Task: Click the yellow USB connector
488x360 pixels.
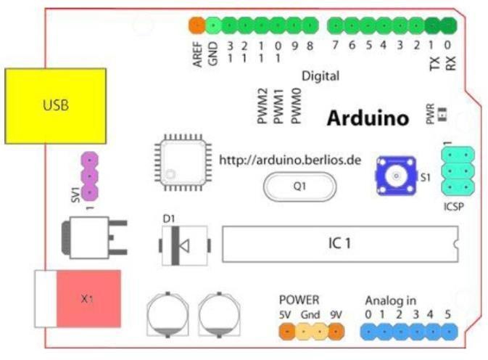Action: pyautogui.click(x=55, y=106)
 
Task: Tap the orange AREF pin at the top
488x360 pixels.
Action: pyautogui.click(x=196, y=26)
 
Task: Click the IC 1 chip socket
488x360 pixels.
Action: pyautogui.click(x=341, y=244)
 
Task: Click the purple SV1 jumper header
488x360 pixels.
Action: pyautogui.click(x=89, y=176)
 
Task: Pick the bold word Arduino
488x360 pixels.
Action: pyautogui.click(x=368, y=118)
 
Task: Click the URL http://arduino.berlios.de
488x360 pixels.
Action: pyautogui.click(x=290, y=159)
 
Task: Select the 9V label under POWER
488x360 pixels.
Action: pyautogui.click(x=334, y=314)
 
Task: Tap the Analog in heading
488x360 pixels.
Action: pyautogui.click(x=390, y=300)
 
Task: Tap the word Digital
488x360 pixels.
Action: pyautogui.click(x=320, y=75)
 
